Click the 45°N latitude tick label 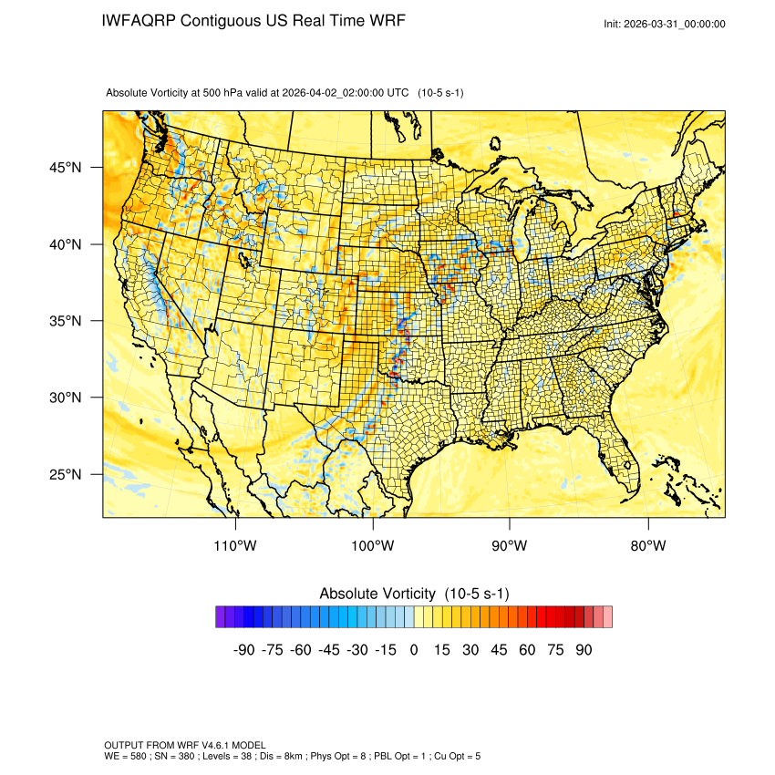66,168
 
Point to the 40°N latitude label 66,244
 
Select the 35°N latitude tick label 66,321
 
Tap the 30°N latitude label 66,398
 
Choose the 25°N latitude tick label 66,474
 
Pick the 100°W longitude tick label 373,546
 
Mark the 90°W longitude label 510,546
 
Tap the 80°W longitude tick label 647,546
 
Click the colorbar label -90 243,650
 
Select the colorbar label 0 414,650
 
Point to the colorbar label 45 499,650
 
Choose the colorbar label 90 584,650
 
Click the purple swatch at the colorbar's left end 221,617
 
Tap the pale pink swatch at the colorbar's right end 607,617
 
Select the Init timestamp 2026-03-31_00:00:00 677,24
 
